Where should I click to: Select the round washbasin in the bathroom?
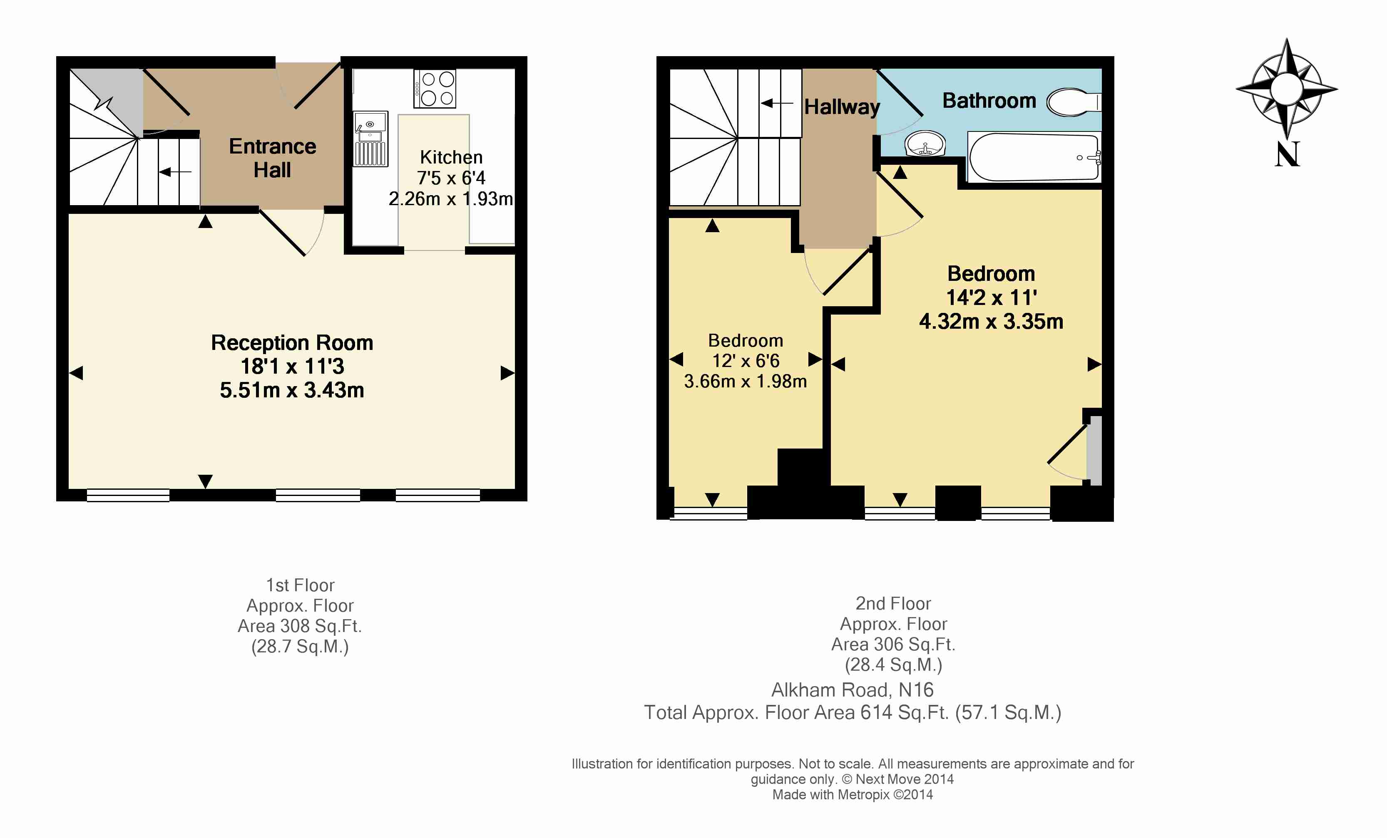pos(925,144)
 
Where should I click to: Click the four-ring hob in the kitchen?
pos(435,88)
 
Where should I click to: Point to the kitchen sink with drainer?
pos(370,139)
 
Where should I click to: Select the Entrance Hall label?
pos(272,158)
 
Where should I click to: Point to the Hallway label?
pos(842,107)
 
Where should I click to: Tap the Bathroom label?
pos(989,101)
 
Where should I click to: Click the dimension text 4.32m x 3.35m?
pos(991,321)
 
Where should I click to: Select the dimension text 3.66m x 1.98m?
pos(745,381)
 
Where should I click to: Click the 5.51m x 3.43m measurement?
pos(292,390)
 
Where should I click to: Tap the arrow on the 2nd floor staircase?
pos(777,103)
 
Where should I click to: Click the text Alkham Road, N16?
pos(852,689)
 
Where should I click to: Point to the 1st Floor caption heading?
pos(300,585)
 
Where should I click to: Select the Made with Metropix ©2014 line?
pos(852,795)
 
